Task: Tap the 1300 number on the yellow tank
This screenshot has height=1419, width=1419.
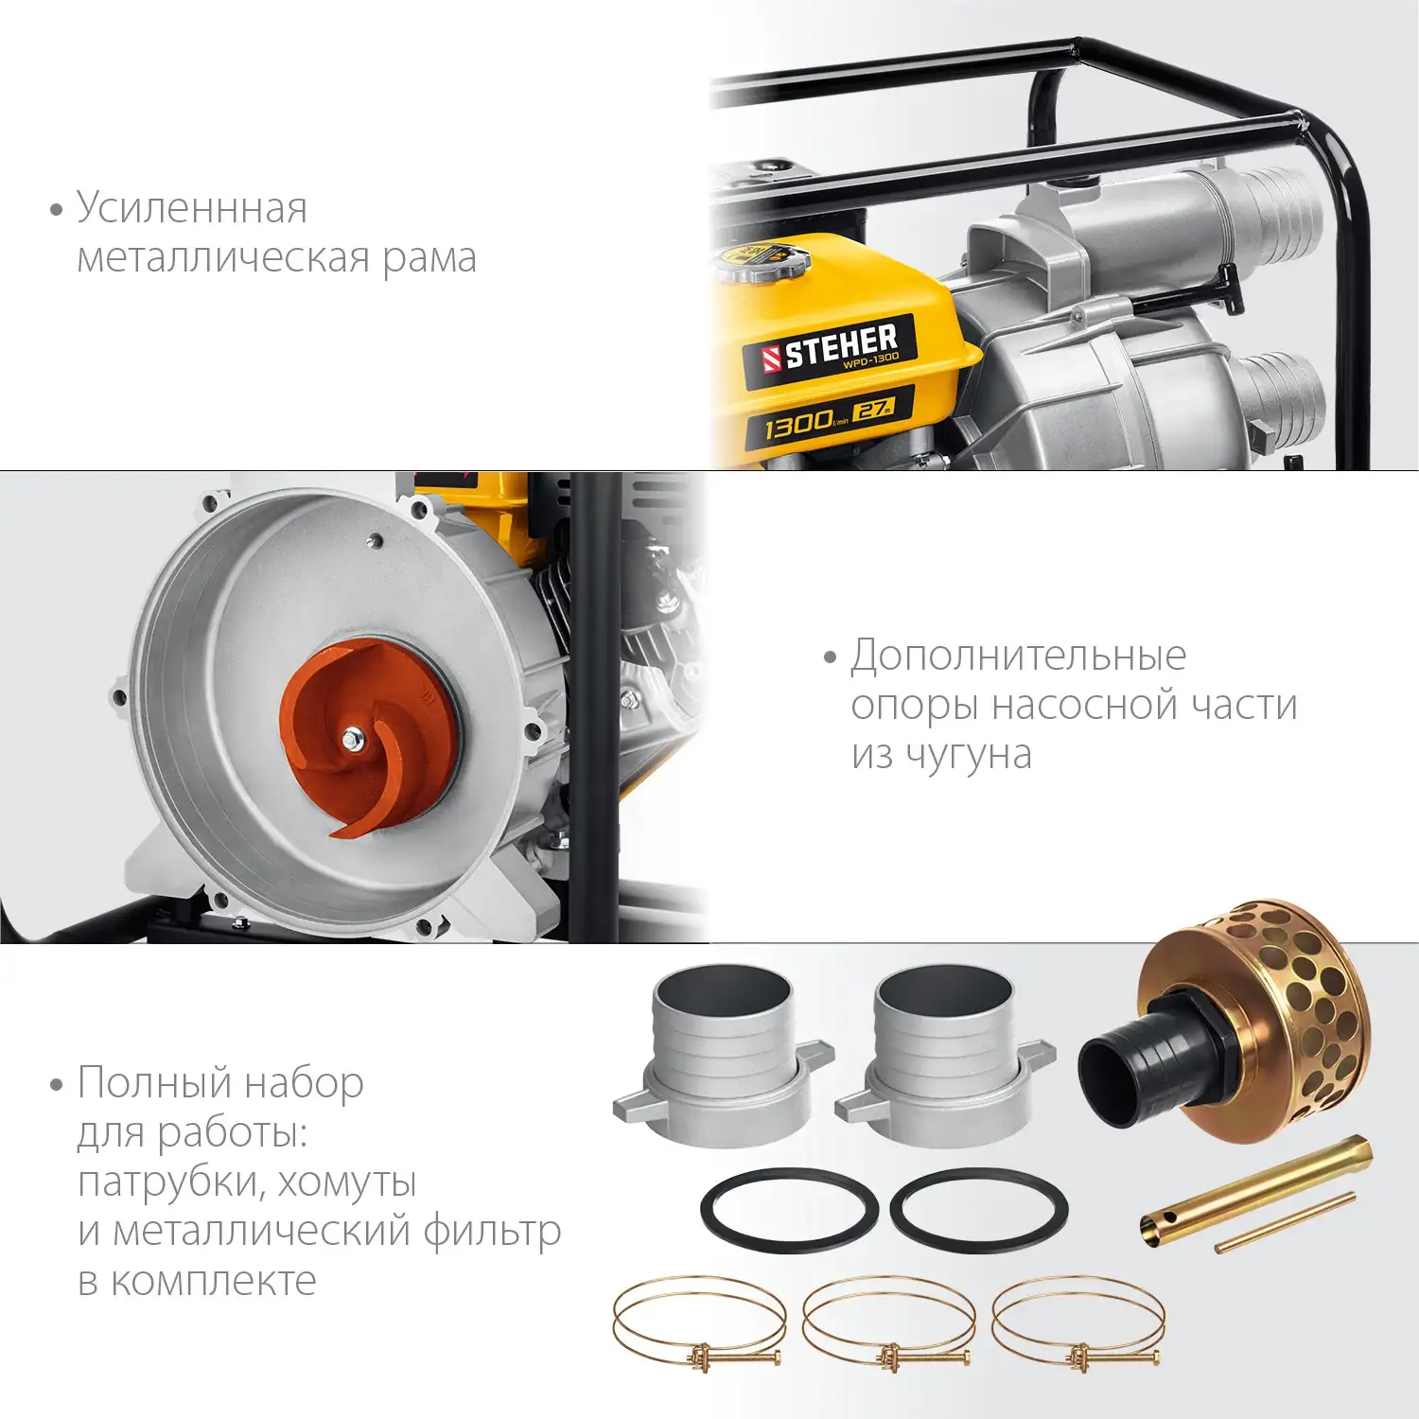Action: [798, 425]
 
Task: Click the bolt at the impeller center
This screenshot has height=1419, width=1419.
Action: [354, 740]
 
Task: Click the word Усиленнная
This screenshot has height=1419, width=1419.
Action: [192, 208]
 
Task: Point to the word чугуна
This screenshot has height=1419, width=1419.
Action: [969, 755]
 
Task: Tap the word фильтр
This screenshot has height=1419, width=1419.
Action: [492, 1232]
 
